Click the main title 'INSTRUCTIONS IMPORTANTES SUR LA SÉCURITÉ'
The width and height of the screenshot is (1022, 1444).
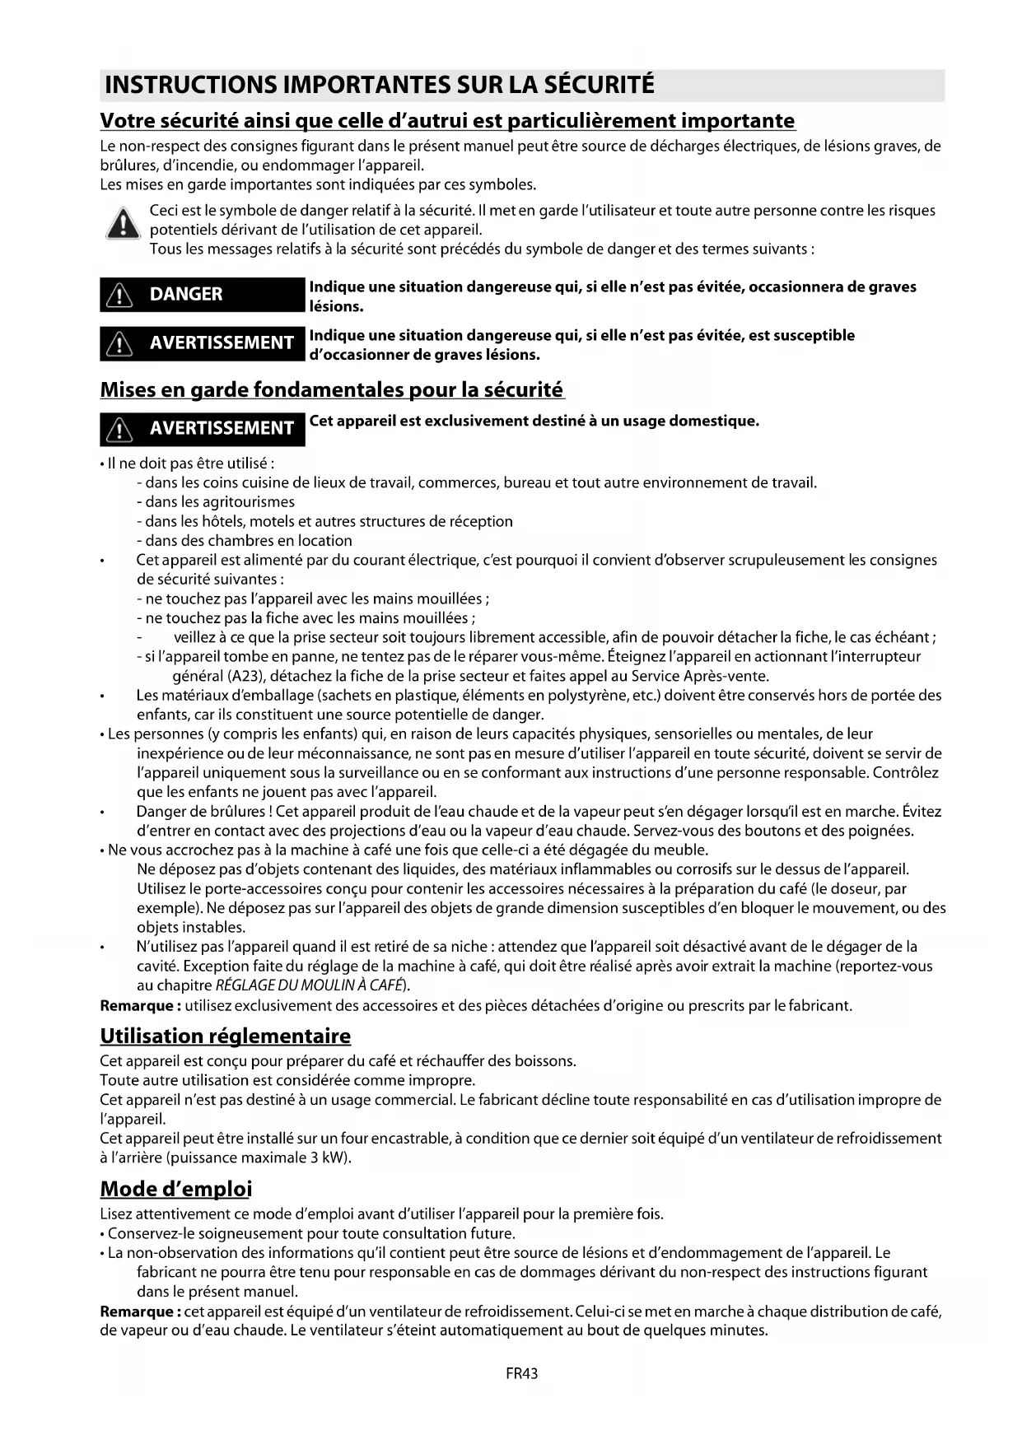[380, 85]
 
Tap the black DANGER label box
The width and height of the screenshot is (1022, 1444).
[203, 295]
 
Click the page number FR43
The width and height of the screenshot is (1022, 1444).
[522, 1373]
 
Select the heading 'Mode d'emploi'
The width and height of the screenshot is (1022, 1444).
[176, 1189]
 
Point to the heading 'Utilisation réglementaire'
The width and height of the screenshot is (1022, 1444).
[226, 1036]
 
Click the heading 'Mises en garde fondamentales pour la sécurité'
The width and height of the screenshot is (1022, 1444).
[332, 389]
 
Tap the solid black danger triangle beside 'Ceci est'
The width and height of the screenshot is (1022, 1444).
[123, 224]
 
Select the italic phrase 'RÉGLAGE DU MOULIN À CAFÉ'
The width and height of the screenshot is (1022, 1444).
[309, 985]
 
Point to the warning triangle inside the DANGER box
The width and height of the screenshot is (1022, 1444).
[121, 296]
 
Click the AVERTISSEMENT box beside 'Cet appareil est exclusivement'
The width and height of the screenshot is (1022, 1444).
[203, 428]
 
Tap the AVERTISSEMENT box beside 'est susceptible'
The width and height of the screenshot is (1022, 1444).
[203, 343]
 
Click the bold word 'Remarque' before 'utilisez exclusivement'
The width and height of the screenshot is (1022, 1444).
[136, 1005]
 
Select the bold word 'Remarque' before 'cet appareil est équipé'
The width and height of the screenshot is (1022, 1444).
[136, 1311]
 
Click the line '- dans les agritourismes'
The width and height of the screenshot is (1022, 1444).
[216, 501]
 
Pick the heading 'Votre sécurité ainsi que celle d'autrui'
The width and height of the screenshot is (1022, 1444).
[447, 121]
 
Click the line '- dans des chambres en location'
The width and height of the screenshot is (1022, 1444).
[245, 540]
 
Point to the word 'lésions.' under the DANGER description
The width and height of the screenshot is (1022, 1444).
[336, 306]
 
